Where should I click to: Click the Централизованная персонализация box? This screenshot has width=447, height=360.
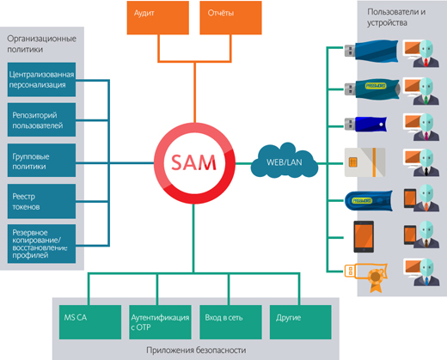tap(41, 81)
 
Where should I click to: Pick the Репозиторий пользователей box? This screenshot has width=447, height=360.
tap(41, 119)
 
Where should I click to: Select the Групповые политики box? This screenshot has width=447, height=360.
tap(41, 161)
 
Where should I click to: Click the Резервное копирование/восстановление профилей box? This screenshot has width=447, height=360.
tap(41, 244)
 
